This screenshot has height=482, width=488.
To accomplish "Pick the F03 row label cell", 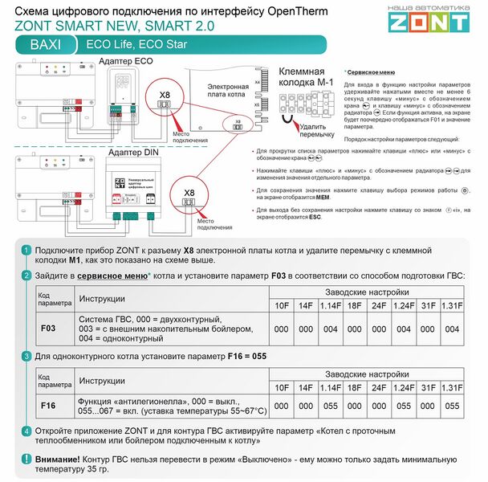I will (x=48, y=329).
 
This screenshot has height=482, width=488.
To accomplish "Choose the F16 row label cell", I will (x=48, y=406).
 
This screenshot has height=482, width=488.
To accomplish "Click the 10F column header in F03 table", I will (x=282, y=306).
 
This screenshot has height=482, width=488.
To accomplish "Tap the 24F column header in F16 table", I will (x=379, y=386).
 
